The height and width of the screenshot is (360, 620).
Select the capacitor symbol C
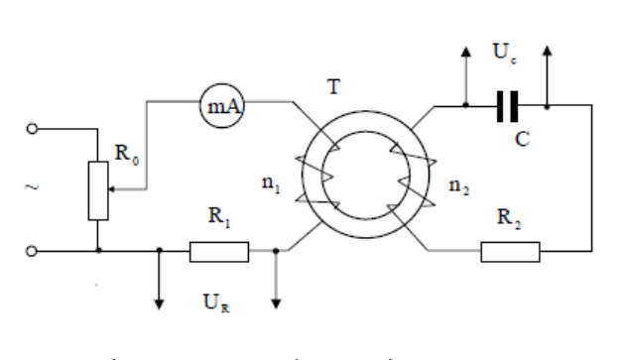(x=507, y=106)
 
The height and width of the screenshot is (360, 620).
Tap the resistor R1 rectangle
(x=219, y=252)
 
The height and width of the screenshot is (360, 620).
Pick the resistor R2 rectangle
(x=510, y=252)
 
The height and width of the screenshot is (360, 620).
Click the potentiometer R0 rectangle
(x=98, y=190)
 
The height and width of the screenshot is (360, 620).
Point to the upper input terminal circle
(x=32, y=129)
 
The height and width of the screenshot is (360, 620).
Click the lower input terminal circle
(x=32, y=251)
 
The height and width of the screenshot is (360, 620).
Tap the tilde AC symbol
(x=32, y=186)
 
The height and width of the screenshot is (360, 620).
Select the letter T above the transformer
(x=334, y=86)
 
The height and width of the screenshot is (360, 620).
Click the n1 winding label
(x=271, y=184)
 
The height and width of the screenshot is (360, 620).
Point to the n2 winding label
(x=459, y=186)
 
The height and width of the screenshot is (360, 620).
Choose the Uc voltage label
(x=504, y=53)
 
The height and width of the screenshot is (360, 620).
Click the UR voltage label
(x=216, y=303)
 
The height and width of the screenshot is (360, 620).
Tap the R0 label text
(x=127, y=154)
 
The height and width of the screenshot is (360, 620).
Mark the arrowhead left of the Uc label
(x=466, y=52)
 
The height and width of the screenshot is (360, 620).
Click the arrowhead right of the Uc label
(x=547, y=51)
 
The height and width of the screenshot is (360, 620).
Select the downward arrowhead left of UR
(x=159, y=304)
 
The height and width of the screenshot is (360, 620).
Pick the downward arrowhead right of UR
(x=276, y=303)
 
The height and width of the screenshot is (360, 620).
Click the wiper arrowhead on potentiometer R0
(x=111, y=189)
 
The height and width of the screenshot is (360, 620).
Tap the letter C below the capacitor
(x=523, y=139)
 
